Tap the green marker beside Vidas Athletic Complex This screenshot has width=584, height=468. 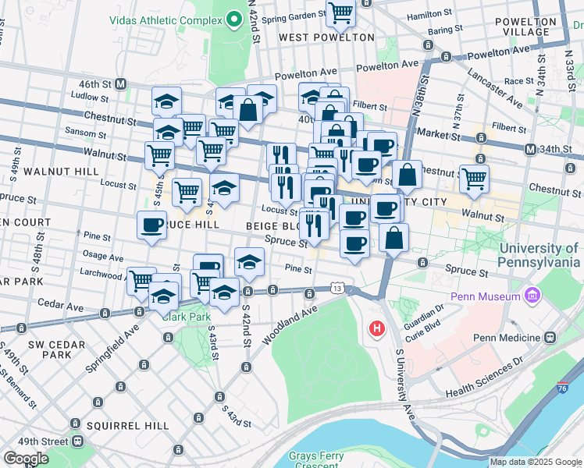233,19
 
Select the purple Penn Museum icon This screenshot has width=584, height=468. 533,296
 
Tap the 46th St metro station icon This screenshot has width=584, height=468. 121,83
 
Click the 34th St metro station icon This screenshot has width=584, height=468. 530,149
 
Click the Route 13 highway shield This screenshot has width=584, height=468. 337,289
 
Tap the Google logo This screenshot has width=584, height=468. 26,459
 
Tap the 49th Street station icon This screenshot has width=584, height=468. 77,441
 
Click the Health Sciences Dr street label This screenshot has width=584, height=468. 484,379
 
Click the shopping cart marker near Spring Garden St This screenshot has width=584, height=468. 340,12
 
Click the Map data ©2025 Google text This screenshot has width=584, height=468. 535,462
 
